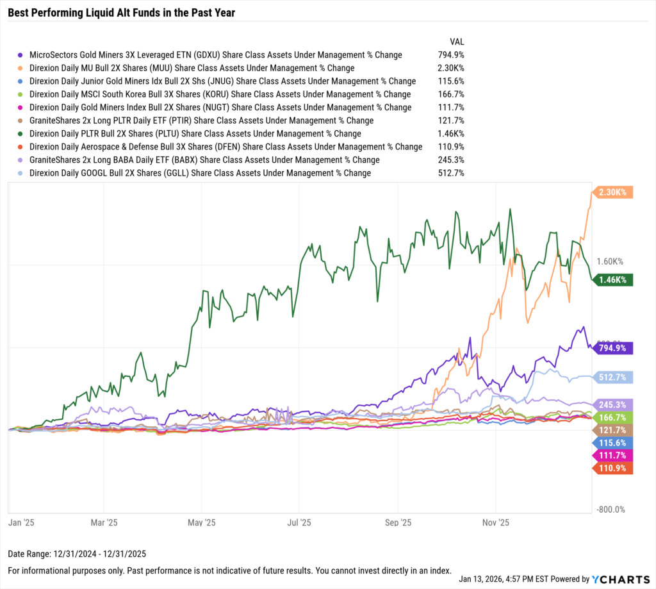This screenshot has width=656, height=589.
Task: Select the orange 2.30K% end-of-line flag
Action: coord(614,192)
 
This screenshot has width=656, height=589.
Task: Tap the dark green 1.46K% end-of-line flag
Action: coord(614,279)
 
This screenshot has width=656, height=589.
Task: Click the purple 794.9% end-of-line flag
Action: coord(614,348)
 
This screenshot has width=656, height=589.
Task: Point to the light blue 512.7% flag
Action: coord(614,377)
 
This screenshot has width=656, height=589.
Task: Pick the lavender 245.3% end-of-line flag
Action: coord(614,404)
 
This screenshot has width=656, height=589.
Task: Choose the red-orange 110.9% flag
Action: coord(614,469)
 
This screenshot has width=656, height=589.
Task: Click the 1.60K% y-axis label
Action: coord(609,261)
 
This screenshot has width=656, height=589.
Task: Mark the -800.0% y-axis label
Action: coord(609,510)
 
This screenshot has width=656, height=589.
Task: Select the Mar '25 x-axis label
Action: coord(104,522)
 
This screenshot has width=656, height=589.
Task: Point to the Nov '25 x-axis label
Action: coord(496,522)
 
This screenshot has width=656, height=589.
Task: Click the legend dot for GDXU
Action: coord(22,55)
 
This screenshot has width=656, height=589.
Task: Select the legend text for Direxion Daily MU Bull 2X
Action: coord(192,68)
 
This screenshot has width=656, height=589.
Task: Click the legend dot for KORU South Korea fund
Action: coord(22,94)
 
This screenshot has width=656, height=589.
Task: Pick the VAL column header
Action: coord(457,41)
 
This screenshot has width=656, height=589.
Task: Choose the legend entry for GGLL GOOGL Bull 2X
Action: coord(200,173)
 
